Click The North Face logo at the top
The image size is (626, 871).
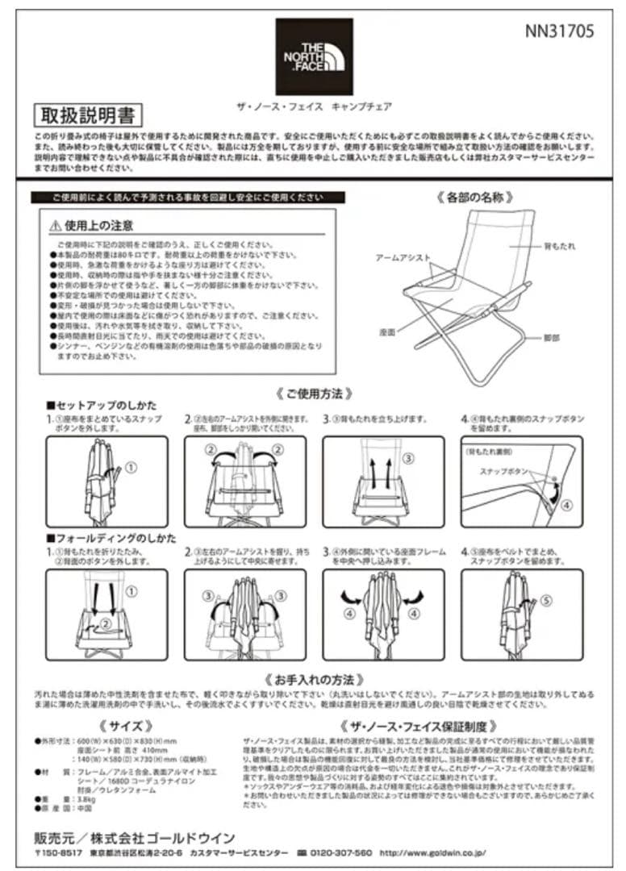[x=314, y=56]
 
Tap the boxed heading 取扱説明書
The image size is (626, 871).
[x=89, y=115]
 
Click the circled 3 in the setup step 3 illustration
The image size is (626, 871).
[x=408, y=457]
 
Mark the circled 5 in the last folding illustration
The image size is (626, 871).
[x=545, y=599]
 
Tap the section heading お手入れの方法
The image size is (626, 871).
[x=313, y=679]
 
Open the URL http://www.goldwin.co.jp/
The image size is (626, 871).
[x=432, y=852]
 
